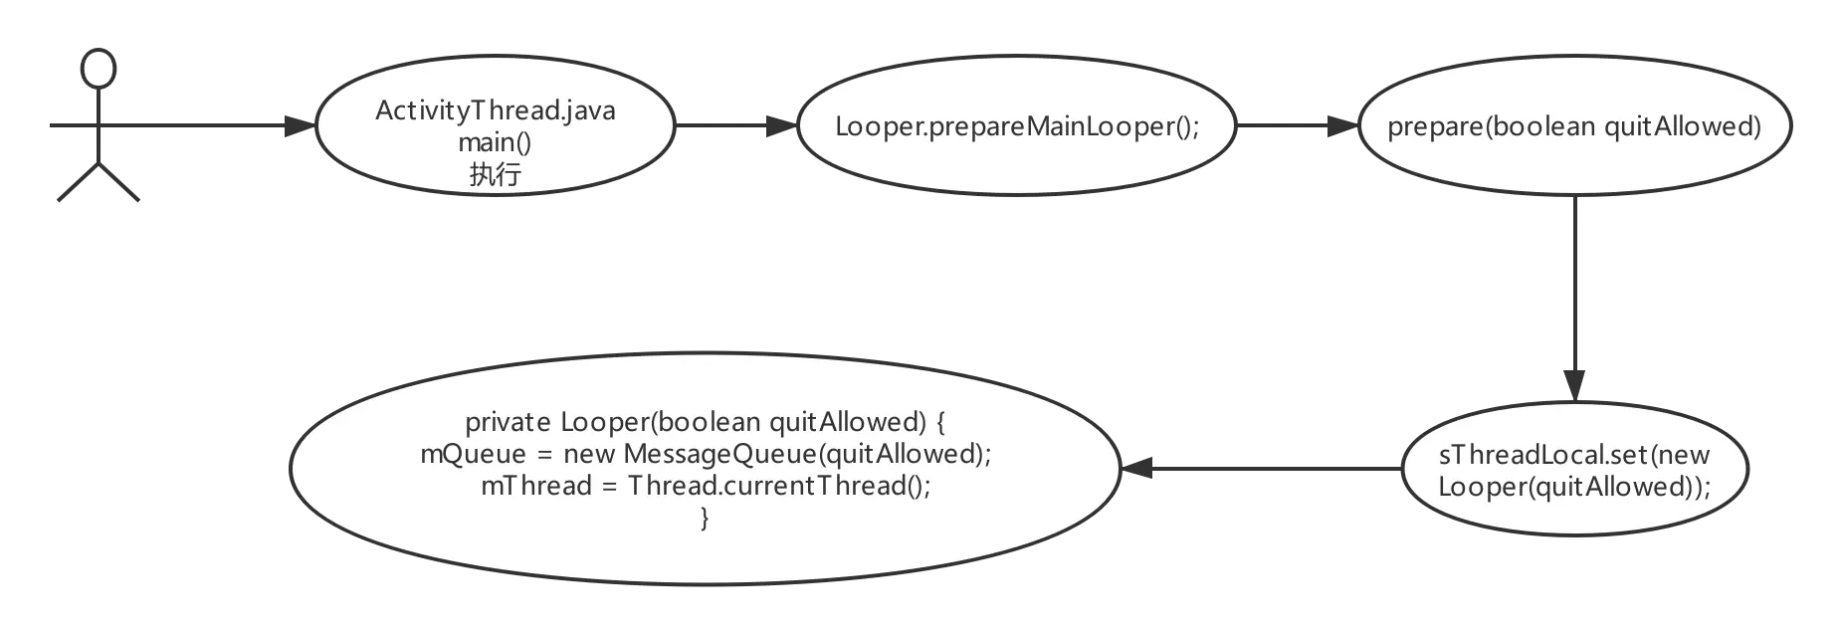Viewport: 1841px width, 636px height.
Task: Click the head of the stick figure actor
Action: tap(97, 70)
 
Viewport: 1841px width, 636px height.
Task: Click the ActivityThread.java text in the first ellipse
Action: tap(495, 110)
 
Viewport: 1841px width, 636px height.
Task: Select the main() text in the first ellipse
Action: tap(495, 142)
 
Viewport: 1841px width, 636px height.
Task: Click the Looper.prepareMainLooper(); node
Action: tap(1017, 126)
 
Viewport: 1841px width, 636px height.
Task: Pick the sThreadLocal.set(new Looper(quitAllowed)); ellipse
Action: tap(1574, 471)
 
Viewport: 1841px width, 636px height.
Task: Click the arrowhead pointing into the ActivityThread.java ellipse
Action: tap(291, 125)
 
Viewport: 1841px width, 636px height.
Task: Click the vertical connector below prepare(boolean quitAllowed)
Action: tap(1575, 289)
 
